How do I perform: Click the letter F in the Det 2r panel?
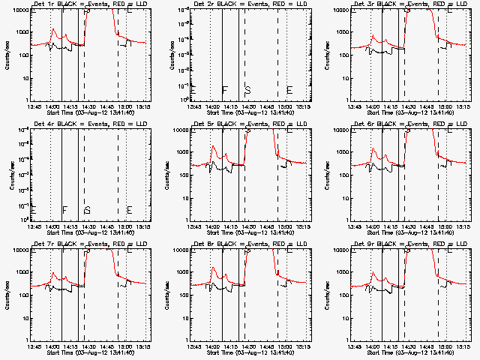[x=224, y=90]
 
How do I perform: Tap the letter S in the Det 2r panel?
[x=247, y=90]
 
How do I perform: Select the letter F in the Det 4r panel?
[x=64, y=210]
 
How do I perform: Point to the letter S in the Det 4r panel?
[x=87, y=210]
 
